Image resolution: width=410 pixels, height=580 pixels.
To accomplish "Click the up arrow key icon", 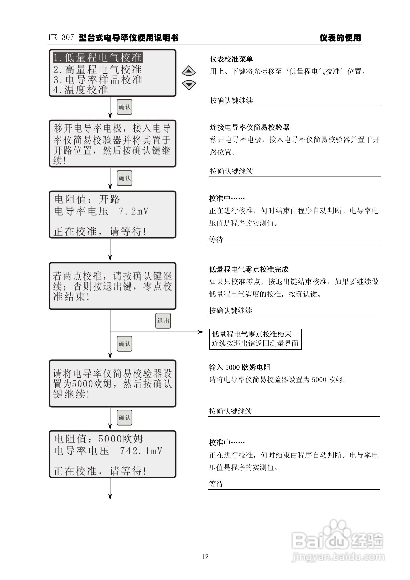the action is point(188,71).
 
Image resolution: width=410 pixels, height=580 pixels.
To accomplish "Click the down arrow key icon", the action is point(188,85).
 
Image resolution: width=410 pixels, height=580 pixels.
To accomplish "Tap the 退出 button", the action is point(163,321).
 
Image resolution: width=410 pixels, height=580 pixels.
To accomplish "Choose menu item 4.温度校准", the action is point(81,90).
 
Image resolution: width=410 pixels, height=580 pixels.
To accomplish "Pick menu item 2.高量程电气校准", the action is point(97,69).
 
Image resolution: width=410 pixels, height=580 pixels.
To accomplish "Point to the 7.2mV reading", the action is point(134,211).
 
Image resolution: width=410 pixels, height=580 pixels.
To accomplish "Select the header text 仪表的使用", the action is point(340,38).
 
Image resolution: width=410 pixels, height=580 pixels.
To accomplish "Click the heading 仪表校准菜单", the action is point(231,59).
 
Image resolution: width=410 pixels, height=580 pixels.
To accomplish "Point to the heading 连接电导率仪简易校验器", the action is point(250,127).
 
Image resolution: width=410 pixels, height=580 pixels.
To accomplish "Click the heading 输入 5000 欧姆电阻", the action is point(240,367).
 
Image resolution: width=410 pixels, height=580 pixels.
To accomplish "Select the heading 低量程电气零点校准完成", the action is point(249,269).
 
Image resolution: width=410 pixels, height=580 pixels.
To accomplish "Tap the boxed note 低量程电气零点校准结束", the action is point(255,339).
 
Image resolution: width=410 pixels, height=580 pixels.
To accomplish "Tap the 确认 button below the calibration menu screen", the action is point(124,107).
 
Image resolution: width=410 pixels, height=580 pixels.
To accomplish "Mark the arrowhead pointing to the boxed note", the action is point(201,332).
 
